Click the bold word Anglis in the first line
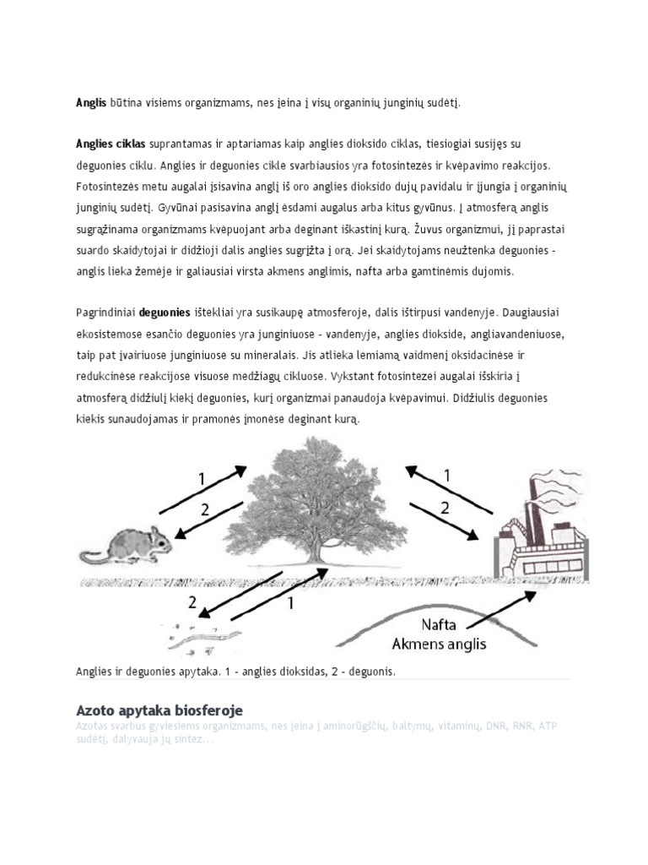pyautogui.click(x=91, y=103)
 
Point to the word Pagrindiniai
pyautogui.click(x=105, y=312)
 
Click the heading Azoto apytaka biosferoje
pyautogui.click(x=159, y=710)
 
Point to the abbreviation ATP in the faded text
pyautogui.click(x=548, y=726)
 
